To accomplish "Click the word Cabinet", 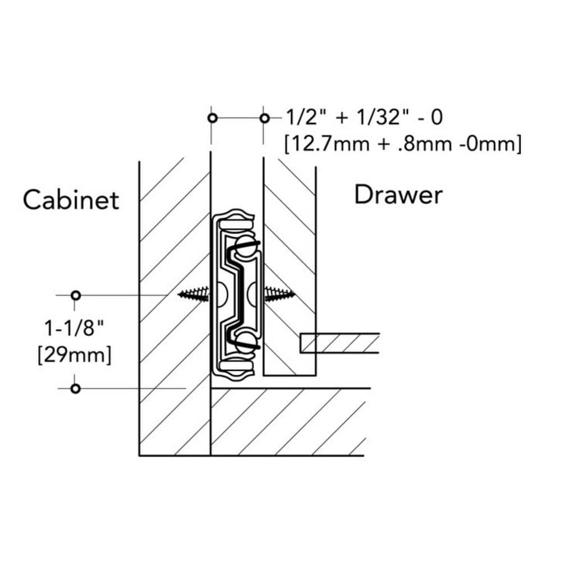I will [71, 200].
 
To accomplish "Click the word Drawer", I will [398, 195].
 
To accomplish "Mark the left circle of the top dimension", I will [211, 118].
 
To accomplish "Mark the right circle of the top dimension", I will [264, 118].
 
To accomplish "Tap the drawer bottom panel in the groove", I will [339, 343].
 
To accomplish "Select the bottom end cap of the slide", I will [234, 367].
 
